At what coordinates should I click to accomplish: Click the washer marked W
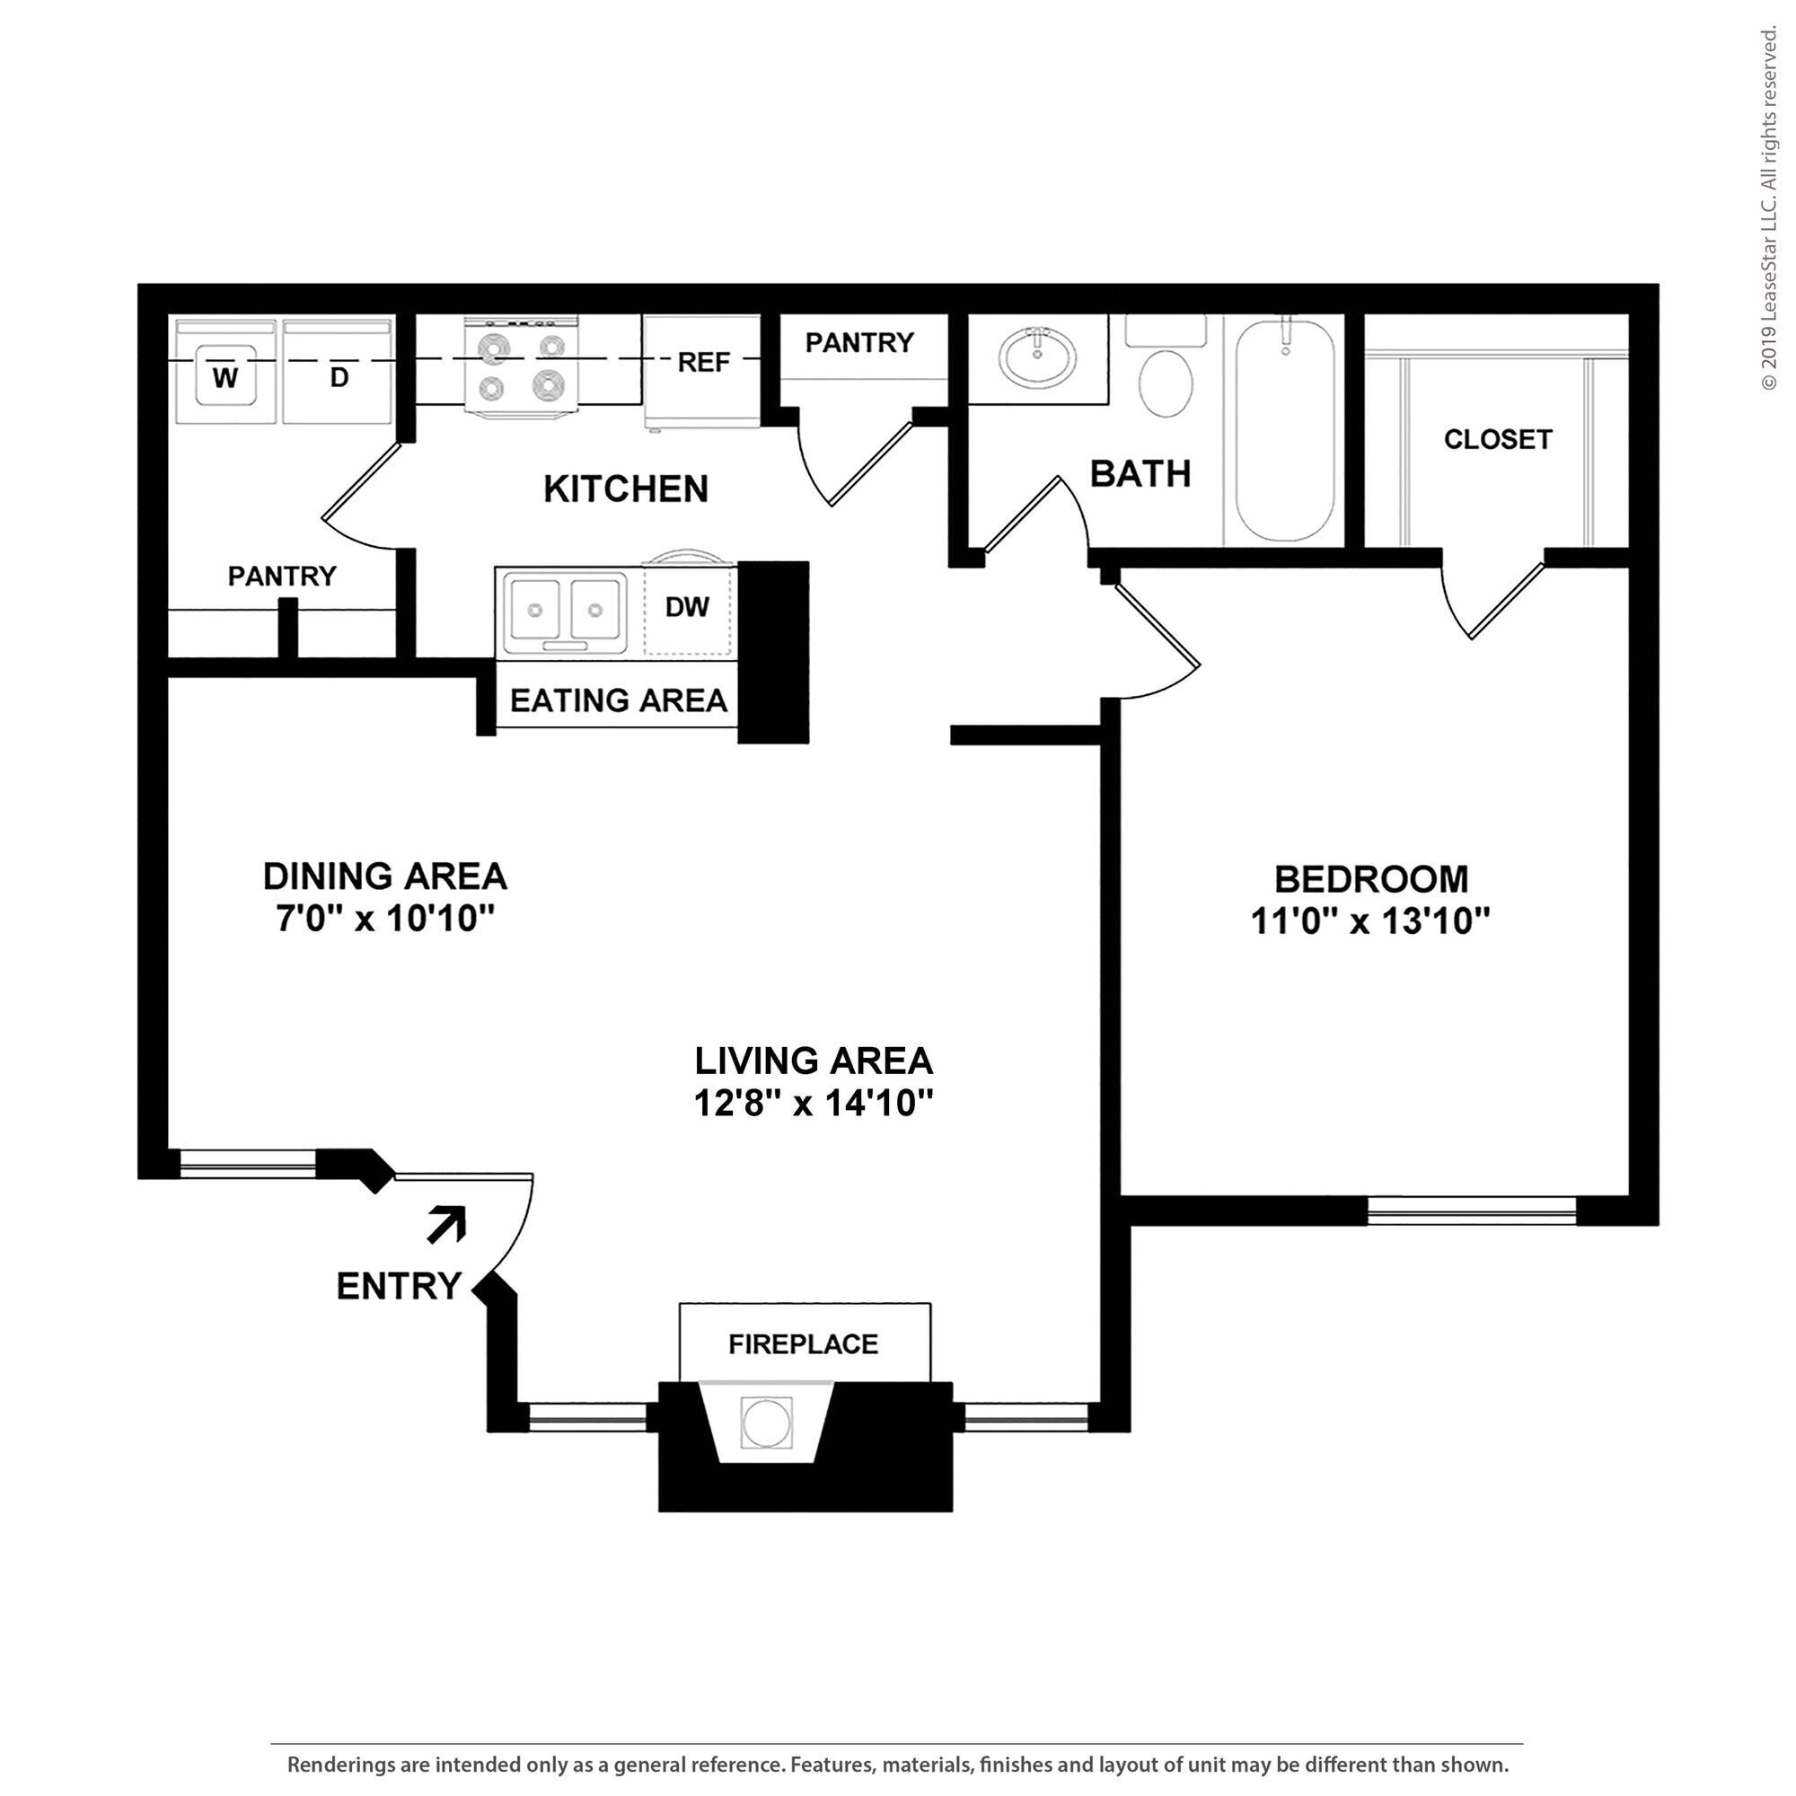(226, 374)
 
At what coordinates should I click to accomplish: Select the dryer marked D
(338, 374)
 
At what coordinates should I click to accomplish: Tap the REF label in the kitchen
(704, 362)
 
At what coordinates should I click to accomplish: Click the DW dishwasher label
(687, 607)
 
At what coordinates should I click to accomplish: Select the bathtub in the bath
(1285, 429)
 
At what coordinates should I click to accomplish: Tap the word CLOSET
(1497, 439)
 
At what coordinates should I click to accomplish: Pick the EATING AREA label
(618, 700)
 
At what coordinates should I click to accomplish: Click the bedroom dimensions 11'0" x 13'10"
(1370, 922)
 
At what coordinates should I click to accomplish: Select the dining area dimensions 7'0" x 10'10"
(384, 920)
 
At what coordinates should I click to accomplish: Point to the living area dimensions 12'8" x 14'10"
(814, 1104)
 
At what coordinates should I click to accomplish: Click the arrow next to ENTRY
(447, 1223)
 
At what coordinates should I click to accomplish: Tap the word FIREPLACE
(803, 1344)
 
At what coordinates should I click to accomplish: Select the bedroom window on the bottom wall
(1472, 1210)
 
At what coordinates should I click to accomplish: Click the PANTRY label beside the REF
(859, 343)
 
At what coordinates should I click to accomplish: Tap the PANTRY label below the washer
(282, 577)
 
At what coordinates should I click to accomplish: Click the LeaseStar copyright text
(1768, 209)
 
